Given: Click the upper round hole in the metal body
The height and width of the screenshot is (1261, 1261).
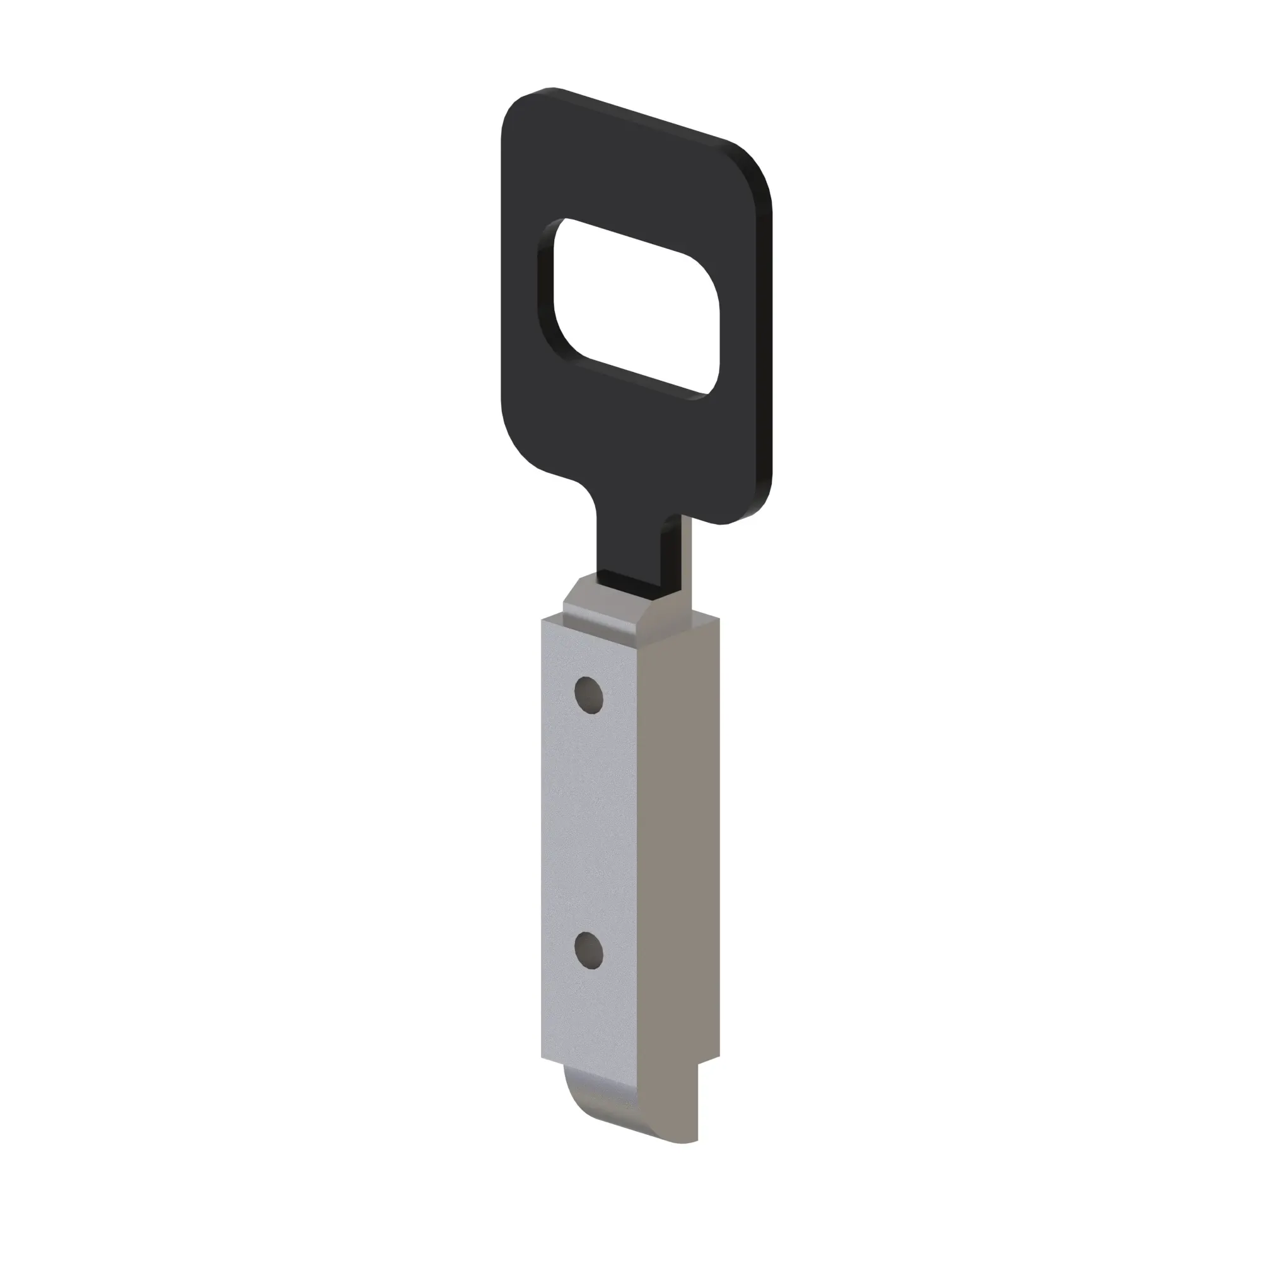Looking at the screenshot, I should (588, 695).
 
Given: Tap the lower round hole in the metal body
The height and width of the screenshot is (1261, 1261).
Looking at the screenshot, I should (588, 950).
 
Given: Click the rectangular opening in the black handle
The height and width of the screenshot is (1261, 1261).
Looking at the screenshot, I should (636, 306).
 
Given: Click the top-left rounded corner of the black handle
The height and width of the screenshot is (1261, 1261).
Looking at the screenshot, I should (522, 111).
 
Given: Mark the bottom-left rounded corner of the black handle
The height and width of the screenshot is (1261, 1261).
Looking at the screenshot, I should (522, 444).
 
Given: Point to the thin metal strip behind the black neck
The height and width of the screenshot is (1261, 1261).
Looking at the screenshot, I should (686, 561).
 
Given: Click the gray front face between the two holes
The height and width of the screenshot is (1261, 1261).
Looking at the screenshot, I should (588, 822).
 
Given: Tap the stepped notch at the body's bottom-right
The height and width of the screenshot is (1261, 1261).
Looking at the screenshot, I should (708, 1064).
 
